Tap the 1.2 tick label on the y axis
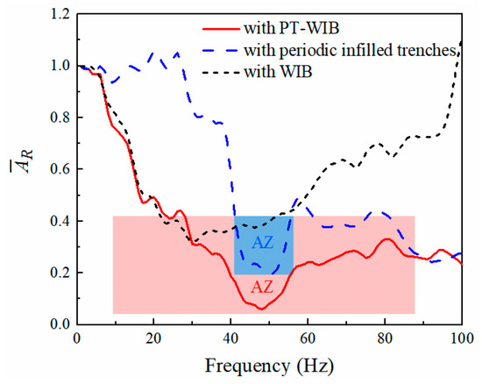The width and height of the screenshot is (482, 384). pos(57,15)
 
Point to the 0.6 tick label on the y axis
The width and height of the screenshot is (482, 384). pos(57,169)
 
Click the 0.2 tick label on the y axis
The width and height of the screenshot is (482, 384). pos(57,273)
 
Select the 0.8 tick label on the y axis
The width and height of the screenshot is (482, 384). pos(57,117)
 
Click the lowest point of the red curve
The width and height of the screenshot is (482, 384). pos(260,309)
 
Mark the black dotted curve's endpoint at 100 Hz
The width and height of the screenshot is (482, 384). pos(461,41)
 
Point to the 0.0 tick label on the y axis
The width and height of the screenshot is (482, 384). pos(57,324)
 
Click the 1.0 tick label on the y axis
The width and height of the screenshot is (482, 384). pos(57,66)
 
